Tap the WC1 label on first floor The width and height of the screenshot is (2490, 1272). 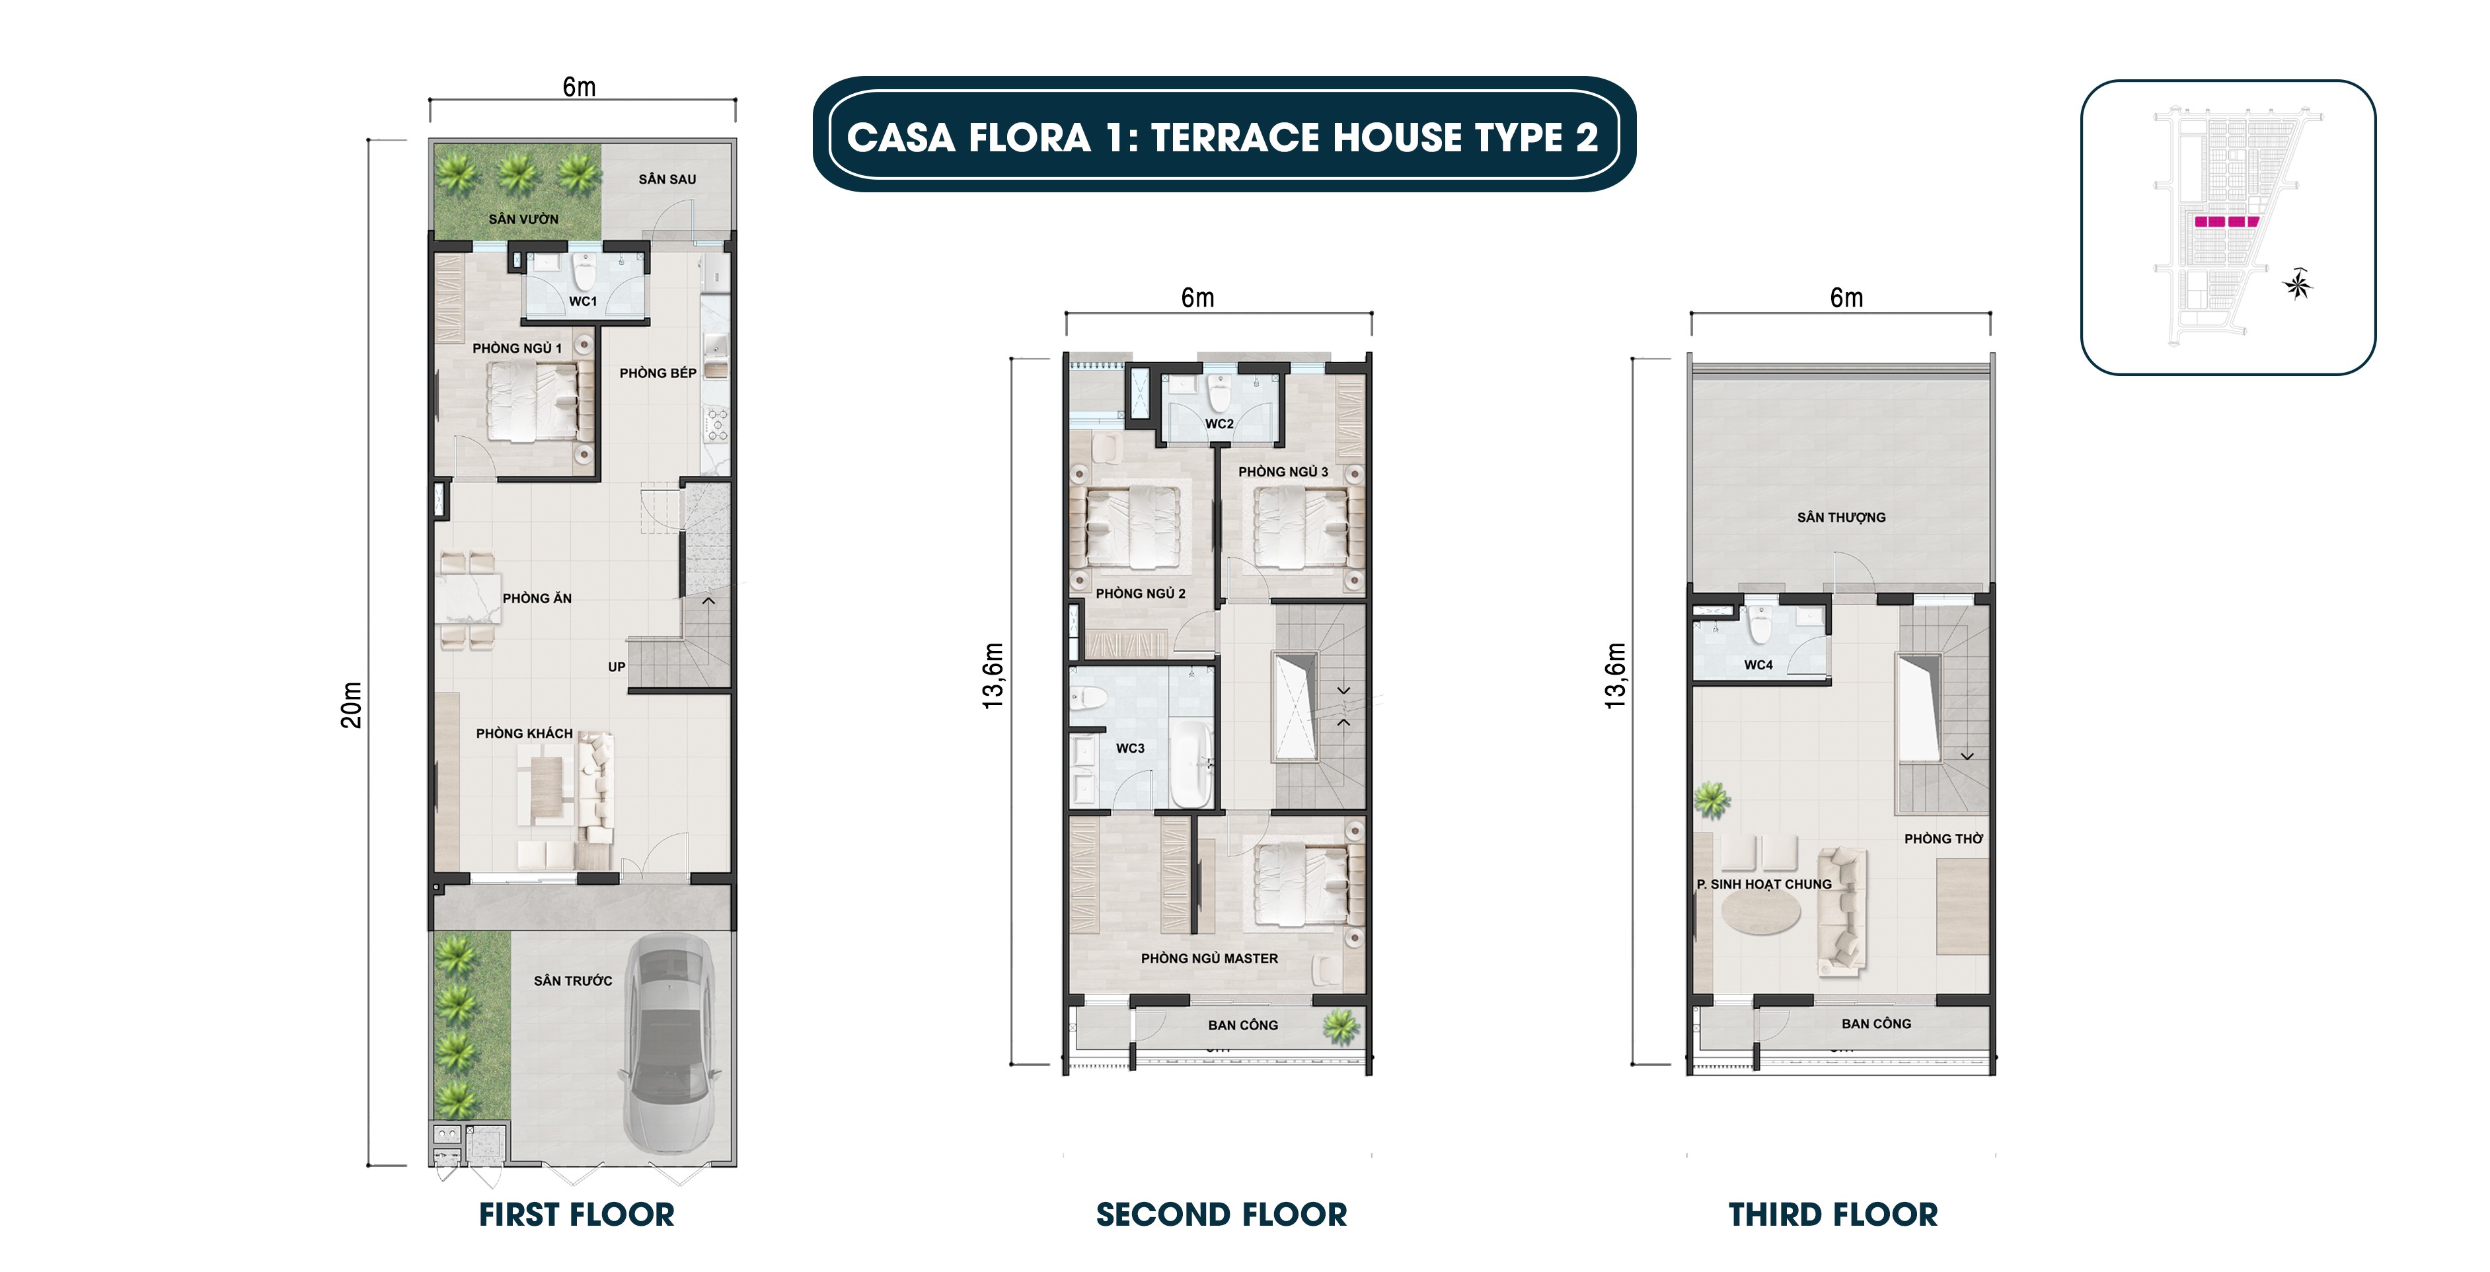click(x=583, y=301)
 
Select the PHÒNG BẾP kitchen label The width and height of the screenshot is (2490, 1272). click(x=658, y=373)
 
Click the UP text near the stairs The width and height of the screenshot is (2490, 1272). click(x=617, y=667)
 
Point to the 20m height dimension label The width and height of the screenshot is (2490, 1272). click(x=352, y=704)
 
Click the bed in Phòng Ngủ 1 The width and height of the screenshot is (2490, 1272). click(x=532, y=401)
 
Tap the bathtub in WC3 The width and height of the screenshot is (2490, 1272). click(x=1192, y=764)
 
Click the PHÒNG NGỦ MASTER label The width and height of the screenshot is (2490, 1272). click(x=1209, y=959)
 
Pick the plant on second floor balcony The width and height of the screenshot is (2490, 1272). click(x=1341, y=1026)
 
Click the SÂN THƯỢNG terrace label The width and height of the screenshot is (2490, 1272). click(x=1842, y=518)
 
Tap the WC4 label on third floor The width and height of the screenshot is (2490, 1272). click(x=1758, y=665)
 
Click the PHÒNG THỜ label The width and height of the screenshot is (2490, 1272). click(x=1943, y=839)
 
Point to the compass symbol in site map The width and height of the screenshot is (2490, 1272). click(x=2298, y=284)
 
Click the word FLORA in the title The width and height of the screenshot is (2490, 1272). click(x=1030, y=137)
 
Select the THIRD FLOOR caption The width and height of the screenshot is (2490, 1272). click(x=1832, y=1215)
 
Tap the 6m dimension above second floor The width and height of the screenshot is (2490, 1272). click(x=1197, y=299)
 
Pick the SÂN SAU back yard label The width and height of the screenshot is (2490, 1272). click(x=667, y=180)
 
